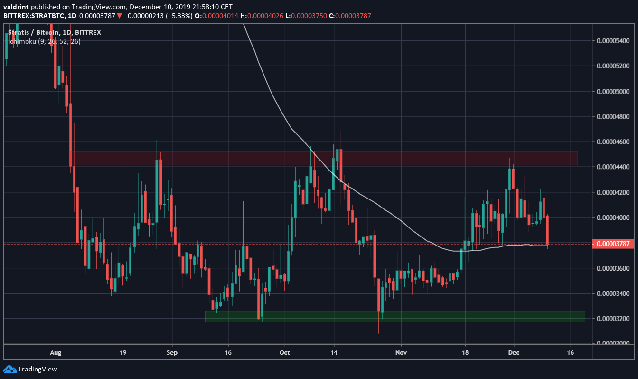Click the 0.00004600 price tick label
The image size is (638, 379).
613,142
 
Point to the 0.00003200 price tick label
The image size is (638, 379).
613,318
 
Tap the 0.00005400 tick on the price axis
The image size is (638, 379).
613,41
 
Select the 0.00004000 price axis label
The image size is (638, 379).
613,218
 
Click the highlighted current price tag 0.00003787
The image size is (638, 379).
613,244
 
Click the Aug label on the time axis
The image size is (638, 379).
56,353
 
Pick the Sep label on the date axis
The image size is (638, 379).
172,353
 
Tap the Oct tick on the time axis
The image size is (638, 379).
285,353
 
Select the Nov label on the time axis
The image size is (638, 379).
401,353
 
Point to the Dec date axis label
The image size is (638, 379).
514,353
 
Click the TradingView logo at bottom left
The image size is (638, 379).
30,369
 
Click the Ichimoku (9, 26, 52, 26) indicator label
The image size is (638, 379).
44,41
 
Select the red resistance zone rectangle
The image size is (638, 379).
325,158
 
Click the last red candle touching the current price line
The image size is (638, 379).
548,230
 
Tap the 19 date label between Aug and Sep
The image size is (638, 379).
123,353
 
